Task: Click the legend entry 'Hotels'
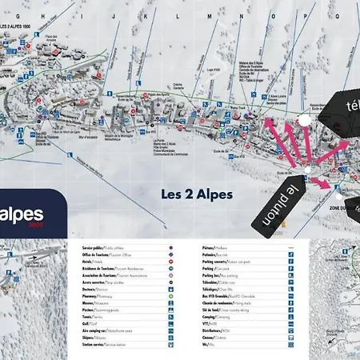tap(91, 262)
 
